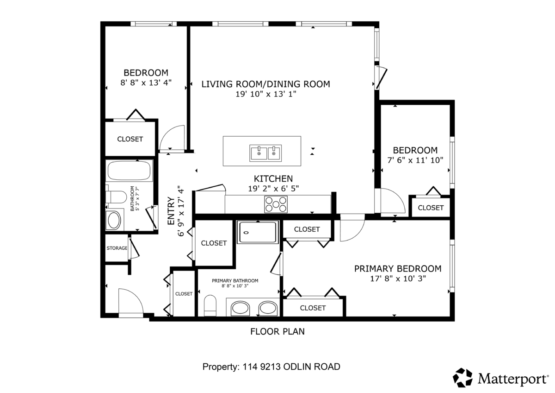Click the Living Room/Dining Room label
265,84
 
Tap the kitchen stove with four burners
276,204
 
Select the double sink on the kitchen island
266,152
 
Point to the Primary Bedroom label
397,269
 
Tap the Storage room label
117,248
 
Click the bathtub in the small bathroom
129,171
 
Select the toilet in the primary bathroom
210,306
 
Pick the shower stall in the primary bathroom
258,232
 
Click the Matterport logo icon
462,378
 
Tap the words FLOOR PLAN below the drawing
277,331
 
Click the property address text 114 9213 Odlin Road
271,367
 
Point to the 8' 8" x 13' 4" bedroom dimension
146,83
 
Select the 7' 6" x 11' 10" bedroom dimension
415,160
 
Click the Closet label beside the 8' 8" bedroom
130,139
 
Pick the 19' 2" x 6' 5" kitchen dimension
273,189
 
